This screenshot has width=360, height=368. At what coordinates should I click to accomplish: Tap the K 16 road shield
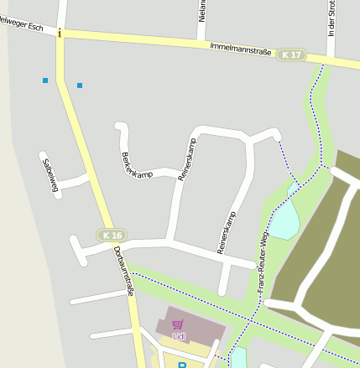point(111,236)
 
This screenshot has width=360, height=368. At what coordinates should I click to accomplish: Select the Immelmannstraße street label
point(240,49)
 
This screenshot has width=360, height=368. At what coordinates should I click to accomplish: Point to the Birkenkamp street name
point(137,163)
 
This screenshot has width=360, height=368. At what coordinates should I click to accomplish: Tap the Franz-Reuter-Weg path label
point(263,264)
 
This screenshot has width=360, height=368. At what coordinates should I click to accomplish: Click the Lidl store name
point(179,336)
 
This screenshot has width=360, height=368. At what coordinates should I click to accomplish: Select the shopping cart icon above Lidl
point(177,324)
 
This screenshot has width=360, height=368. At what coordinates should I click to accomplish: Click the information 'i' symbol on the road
point(60,34)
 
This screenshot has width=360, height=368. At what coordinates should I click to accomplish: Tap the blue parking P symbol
point(181,365)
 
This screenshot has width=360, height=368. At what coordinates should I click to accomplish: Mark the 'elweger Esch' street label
point(22,26)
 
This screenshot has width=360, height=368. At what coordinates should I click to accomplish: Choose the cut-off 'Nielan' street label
point(202,11)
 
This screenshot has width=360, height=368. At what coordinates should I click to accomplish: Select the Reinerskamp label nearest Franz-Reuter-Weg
point(227,232)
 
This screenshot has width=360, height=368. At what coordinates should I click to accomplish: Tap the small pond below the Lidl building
point(238,359)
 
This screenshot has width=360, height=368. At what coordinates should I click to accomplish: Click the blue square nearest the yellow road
point(80,86)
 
